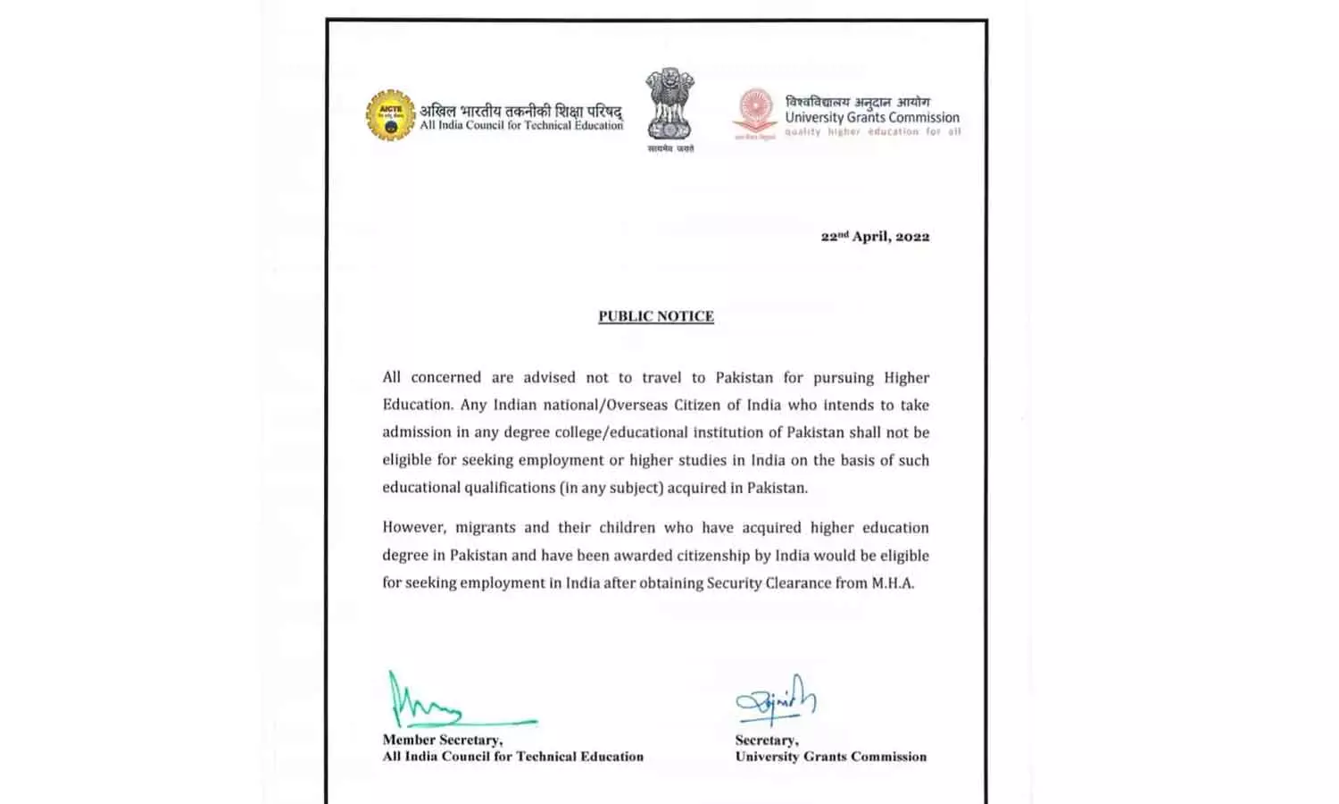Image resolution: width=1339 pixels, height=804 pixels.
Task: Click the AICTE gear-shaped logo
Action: pos(390,115)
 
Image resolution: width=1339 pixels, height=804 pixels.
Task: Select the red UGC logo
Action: pos(755,113)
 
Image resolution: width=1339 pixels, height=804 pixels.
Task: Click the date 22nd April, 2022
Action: pos(875,237)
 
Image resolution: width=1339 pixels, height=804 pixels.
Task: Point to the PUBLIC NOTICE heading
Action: pos(656,316)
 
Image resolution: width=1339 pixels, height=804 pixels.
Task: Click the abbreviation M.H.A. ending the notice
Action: pos(893,583)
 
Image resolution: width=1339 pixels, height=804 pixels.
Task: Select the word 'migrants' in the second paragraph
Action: pos(486,528)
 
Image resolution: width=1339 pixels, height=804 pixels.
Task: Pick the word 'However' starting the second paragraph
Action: pos(414,528)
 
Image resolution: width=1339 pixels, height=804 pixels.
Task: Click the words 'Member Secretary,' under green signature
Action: pos(442,740)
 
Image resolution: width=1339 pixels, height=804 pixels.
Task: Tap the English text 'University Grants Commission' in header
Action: pos(872,117)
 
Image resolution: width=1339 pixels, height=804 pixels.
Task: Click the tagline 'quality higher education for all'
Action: pos(872,132)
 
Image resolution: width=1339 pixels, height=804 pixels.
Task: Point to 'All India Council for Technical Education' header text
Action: pos(521,126)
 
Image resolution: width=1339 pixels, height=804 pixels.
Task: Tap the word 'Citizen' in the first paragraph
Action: pos(709,405)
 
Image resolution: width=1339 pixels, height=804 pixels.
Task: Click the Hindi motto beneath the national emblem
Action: pos(670,148)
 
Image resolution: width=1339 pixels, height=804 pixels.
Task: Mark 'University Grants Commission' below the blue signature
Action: pos(830,757)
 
